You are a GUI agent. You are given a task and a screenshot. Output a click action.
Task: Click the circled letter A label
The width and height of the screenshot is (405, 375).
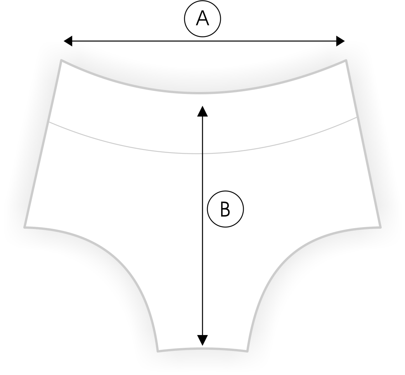[x=202, y=19]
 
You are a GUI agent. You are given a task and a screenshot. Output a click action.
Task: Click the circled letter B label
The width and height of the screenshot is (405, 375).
[x=225, y=209]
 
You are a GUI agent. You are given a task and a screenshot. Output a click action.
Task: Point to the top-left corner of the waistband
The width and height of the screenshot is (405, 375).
[x=61, y=60]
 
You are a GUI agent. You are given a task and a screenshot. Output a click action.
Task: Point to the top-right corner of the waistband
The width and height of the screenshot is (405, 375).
[x=346, y=60]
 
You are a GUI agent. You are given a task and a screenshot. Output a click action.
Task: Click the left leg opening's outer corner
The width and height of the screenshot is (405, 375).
[x=25, y=227]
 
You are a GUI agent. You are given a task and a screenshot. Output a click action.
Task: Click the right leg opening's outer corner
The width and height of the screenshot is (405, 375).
[x=381, y=227]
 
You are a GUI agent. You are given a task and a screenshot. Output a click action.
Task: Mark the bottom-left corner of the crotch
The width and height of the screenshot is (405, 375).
[x=158, y=351]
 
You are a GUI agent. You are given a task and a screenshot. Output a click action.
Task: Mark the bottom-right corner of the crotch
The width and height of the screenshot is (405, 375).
[x=247, y=351]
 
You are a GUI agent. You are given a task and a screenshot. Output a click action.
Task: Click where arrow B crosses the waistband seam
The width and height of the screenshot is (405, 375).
[x=202, y=154]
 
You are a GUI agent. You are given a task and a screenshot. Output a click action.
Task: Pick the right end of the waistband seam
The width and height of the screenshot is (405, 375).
[x=357, y=117]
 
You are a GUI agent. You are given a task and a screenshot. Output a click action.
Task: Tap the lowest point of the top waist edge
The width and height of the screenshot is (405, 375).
[x=202, y=92]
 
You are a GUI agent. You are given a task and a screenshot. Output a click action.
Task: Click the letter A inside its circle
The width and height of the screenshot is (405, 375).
[x=202, y=19]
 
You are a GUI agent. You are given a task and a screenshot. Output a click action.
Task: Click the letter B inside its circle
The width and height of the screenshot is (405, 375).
[x=225, y=209]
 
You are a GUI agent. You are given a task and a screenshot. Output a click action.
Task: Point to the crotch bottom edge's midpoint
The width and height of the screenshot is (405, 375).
[x=202, y=349]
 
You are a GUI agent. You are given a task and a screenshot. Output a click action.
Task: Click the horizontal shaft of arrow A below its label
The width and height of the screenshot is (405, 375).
[x=204, y=41]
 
